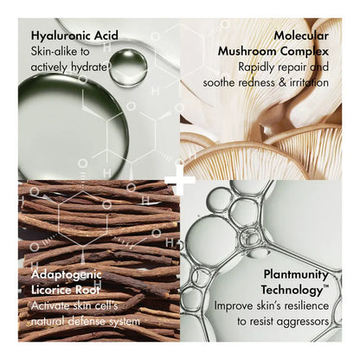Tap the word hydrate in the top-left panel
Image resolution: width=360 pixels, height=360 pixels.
click(x=87, y=67)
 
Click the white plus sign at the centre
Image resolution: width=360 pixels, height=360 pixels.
click(x=180, y=180)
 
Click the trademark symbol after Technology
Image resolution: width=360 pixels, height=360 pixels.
click(x=326, y=286)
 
